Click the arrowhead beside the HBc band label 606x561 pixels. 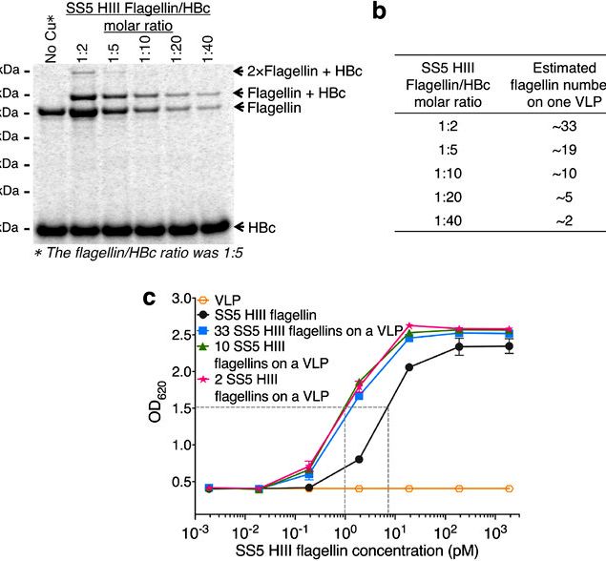(240, 226)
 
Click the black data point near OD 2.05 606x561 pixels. (409, 367)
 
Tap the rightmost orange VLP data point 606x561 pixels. (509, 488)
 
